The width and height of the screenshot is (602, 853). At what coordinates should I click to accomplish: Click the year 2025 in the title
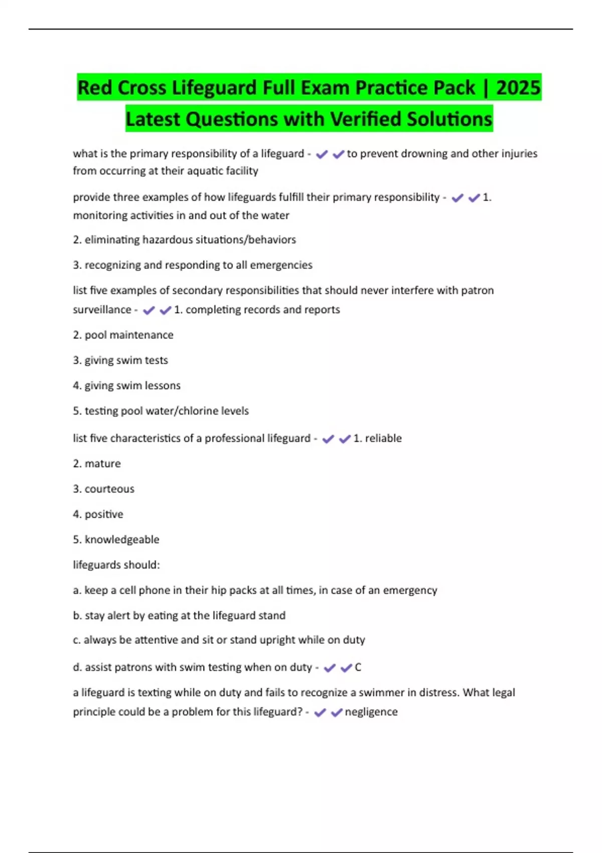pos(518,88)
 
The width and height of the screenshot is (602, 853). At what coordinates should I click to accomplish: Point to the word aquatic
pos(203,171)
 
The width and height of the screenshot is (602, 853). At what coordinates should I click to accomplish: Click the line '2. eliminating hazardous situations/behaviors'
pos(184,240)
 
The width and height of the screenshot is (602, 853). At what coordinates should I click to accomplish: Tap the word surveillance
pos(102,310)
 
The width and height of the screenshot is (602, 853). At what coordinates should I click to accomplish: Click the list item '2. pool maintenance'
pos(123,335)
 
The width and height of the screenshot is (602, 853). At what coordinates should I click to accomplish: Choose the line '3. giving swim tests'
pos(120,360)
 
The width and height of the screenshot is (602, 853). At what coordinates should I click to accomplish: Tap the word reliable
pos(383,439)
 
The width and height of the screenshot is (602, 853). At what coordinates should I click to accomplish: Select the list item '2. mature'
pos(97,464)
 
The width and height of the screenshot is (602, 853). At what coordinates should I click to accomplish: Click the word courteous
pos(109,489)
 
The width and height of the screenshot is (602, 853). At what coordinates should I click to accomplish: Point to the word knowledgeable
pos(122,540)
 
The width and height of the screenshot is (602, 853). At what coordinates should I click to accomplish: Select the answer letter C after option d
pos(358,667)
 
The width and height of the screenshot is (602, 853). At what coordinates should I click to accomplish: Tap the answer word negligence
pos(371,712)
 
